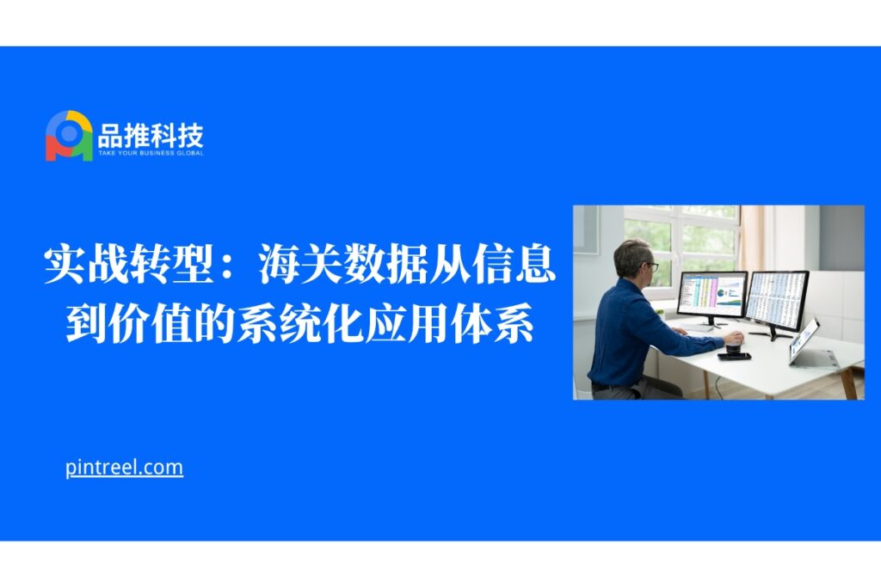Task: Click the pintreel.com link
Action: (x=124, y=468)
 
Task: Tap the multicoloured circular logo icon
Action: (x=69, y=136)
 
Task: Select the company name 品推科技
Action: (x=150, y=135)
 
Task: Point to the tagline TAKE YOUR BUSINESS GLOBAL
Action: (x=151, y=153)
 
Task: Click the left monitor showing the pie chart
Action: (x=712, y=294)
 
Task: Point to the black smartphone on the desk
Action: (x=734, y=356)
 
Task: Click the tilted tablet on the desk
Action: (x=804, y=340)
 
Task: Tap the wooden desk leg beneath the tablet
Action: (x=852, y=381)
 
